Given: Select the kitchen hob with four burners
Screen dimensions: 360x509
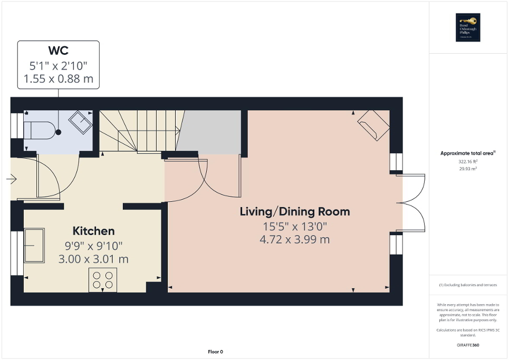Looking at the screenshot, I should (102, 280).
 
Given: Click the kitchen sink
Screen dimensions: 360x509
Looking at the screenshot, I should (35, 245).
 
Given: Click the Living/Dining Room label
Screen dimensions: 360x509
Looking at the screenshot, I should (295, 212).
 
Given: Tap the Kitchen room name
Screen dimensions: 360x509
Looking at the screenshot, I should (93, 231).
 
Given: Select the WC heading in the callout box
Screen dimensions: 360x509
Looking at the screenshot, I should (58, 51).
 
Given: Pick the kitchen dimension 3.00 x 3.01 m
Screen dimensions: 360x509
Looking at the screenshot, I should (93, 259).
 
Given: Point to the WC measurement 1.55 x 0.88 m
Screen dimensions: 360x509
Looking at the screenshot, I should (59, 79).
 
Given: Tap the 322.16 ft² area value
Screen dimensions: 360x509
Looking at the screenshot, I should (468, 162).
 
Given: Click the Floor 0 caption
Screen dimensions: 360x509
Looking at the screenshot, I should (214, 352).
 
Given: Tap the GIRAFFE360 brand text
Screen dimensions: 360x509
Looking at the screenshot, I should (468, 345).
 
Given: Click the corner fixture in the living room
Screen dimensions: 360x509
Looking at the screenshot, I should (373, 125).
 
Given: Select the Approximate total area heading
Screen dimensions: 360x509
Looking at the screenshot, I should (468, 153).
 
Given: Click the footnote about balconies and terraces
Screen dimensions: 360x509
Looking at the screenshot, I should (468, 285).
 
